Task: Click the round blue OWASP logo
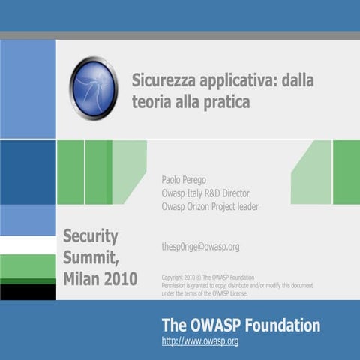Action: pyautogui.click(x=94, y=88)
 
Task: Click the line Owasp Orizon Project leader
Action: pyautogui.click(x=210, y=207)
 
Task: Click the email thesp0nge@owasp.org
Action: pyautogui.click(x=200, y=246)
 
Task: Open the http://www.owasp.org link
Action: pyautogui.click(x=200, y=341)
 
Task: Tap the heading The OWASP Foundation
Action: pyautogui.click(x=241, y=325)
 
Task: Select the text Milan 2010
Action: pyautogui.click(x=100, y=279)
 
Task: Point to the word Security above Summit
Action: pyautogui.click(x=91, y=236)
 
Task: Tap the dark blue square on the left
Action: pyautogui.click(x=28, y=172)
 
